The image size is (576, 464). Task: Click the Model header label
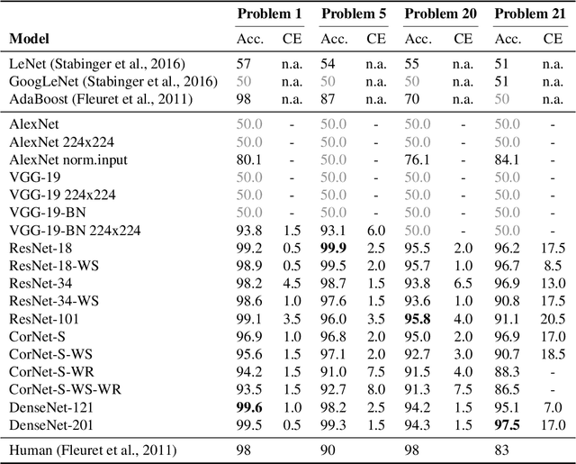(30, 39)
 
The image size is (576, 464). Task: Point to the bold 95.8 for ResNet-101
(419, 318)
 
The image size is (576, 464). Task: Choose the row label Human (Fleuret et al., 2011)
(93, 450)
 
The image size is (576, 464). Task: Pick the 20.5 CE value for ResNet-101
(553, 318)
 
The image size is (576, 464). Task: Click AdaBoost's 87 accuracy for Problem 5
(329, 98)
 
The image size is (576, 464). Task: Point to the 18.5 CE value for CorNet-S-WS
(553, 353)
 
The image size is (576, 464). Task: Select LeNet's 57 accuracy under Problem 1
(245, 63)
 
